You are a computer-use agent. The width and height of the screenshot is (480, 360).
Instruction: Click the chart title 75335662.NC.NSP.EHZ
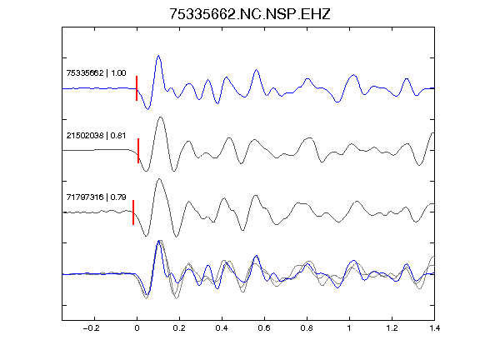[250, 14]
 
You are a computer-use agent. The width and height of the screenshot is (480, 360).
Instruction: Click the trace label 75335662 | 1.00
[96, 73]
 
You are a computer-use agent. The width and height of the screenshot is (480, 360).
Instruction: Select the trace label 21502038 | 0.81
[96, 135]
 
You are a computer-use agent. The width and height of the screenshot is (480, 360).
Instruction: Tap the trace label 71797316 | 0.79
[96, 197]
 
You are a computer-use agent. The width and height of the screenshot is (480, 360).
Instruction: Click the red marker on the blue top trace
[137, 88]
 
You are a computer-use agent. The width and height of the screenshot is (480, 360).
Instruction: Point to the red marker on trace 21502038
[138, 151]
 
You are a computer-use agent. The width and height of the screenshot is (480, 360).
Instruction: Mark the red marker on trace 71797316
[133, 212]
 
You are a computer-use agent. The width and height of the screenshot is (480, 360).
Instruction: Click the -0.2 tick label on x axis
[91, 328]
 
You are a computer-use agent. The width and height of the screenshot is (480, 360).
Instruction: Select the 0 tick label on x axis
[137, 328]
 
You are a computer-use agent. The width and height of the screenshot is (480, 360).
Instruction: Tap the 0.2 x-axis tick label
[179, 328]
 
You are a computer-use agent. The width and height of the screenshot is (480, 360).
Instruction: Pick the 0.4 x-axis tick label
[222, 328]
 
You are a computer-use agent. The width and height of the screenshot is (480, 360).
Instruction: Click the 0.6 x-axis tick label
[264, 328]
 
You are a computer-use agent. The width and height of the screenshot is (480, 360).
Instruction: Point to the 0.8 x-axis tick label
[307, 328]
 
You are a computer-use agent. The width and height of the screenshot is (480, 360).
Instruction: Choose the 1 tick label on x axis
[349, 328]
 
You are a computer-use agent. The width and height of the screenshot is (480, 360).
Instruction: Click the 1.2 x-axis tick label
[392, 328]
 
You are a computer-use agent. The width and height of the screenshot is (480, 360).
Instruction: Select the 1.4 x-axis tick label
[434, 328]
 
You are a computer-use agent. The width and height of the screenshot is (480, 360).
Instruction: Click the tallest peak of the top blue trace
[158, 56]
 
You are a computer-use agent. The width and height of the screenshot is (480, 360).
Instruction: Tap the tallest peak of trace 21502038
[161, 117]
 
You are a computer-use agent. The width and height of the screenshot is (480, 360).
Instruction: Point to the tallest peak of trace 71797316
[159, 179]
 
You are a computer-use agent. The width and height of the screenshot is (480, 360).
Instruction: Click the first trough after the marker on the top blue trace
[147, 109]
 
